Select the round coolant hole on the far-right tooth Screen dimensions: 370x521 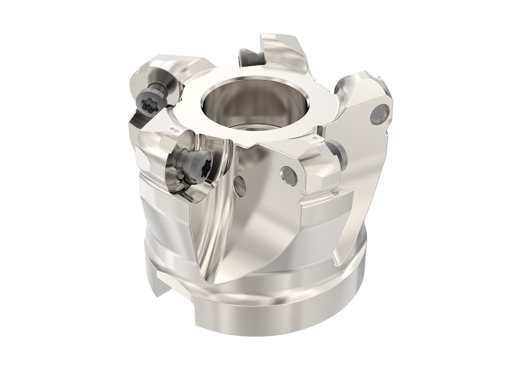380,113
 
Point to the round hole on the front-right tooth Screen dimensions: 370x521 288,176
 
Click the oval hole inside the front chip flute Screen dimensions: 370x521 239,186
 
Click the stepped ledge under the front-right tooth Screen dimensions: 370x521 326,201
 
